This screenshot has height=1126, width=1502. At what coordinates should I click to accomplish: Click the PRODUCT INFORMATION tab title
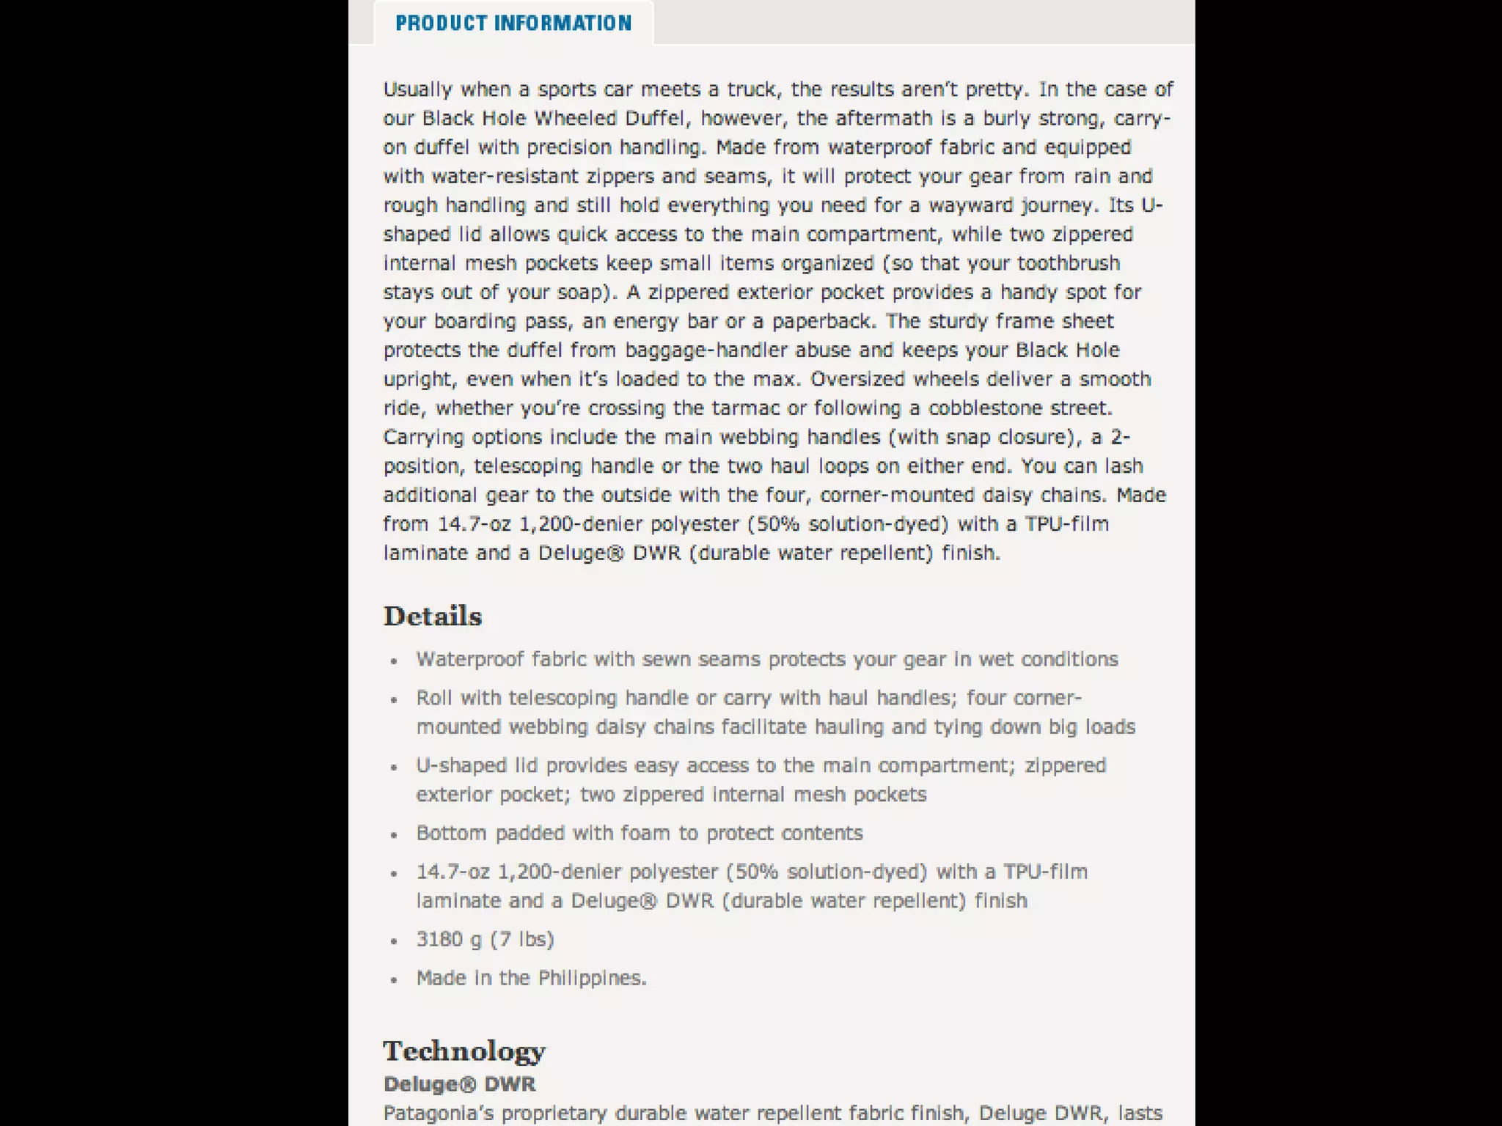pos(513,23)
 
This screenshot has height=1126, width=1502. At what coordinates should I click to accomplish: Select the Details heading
pos(433,617)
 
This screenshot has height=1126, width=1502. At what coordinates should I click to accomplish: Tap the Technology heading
pos(464,1051)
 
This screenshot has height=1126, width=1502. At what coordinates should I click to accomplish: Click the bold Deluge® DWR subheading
pos(459,1084)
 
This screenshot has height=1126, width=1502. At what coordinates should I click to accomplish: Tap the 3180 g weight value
pos(439,940)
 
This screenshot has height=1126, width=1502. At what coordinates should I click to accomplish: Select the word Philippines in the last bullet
pos(592,979)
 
